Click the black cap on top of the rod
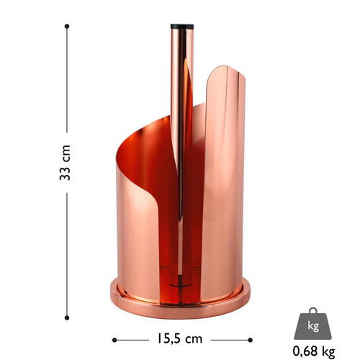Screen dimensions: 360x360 click(182, 27)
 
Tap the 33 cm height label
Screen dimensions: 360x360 click(65, 163)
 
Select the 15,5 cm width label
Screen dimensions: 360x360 click(180, 338)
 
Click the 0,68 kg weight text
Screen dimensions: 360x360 click(314, 351)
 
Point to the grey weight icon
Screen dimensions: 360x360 click(312, 323)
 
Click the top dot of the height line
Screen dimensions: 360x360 click(67, 26)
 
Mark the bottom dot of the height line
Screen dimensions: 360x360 click(67, 318)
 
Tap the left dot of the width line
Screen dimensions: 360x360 click(114, 340)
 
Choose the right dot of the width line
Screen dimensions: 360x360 click(250, 340)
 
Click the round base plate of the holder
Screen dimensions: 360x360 click(180, 310)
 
